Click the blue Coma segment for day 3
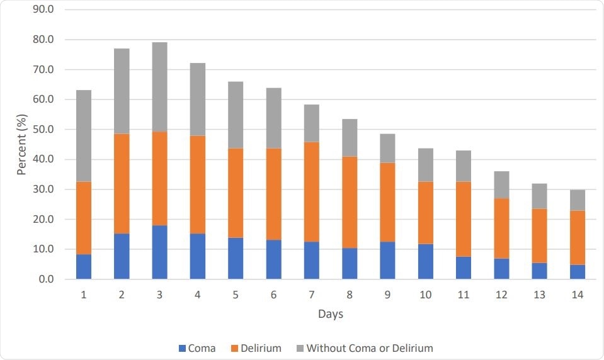159,252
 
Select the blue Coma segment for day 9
387,260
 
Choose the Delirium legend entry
258,347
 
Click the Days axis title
331,313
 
